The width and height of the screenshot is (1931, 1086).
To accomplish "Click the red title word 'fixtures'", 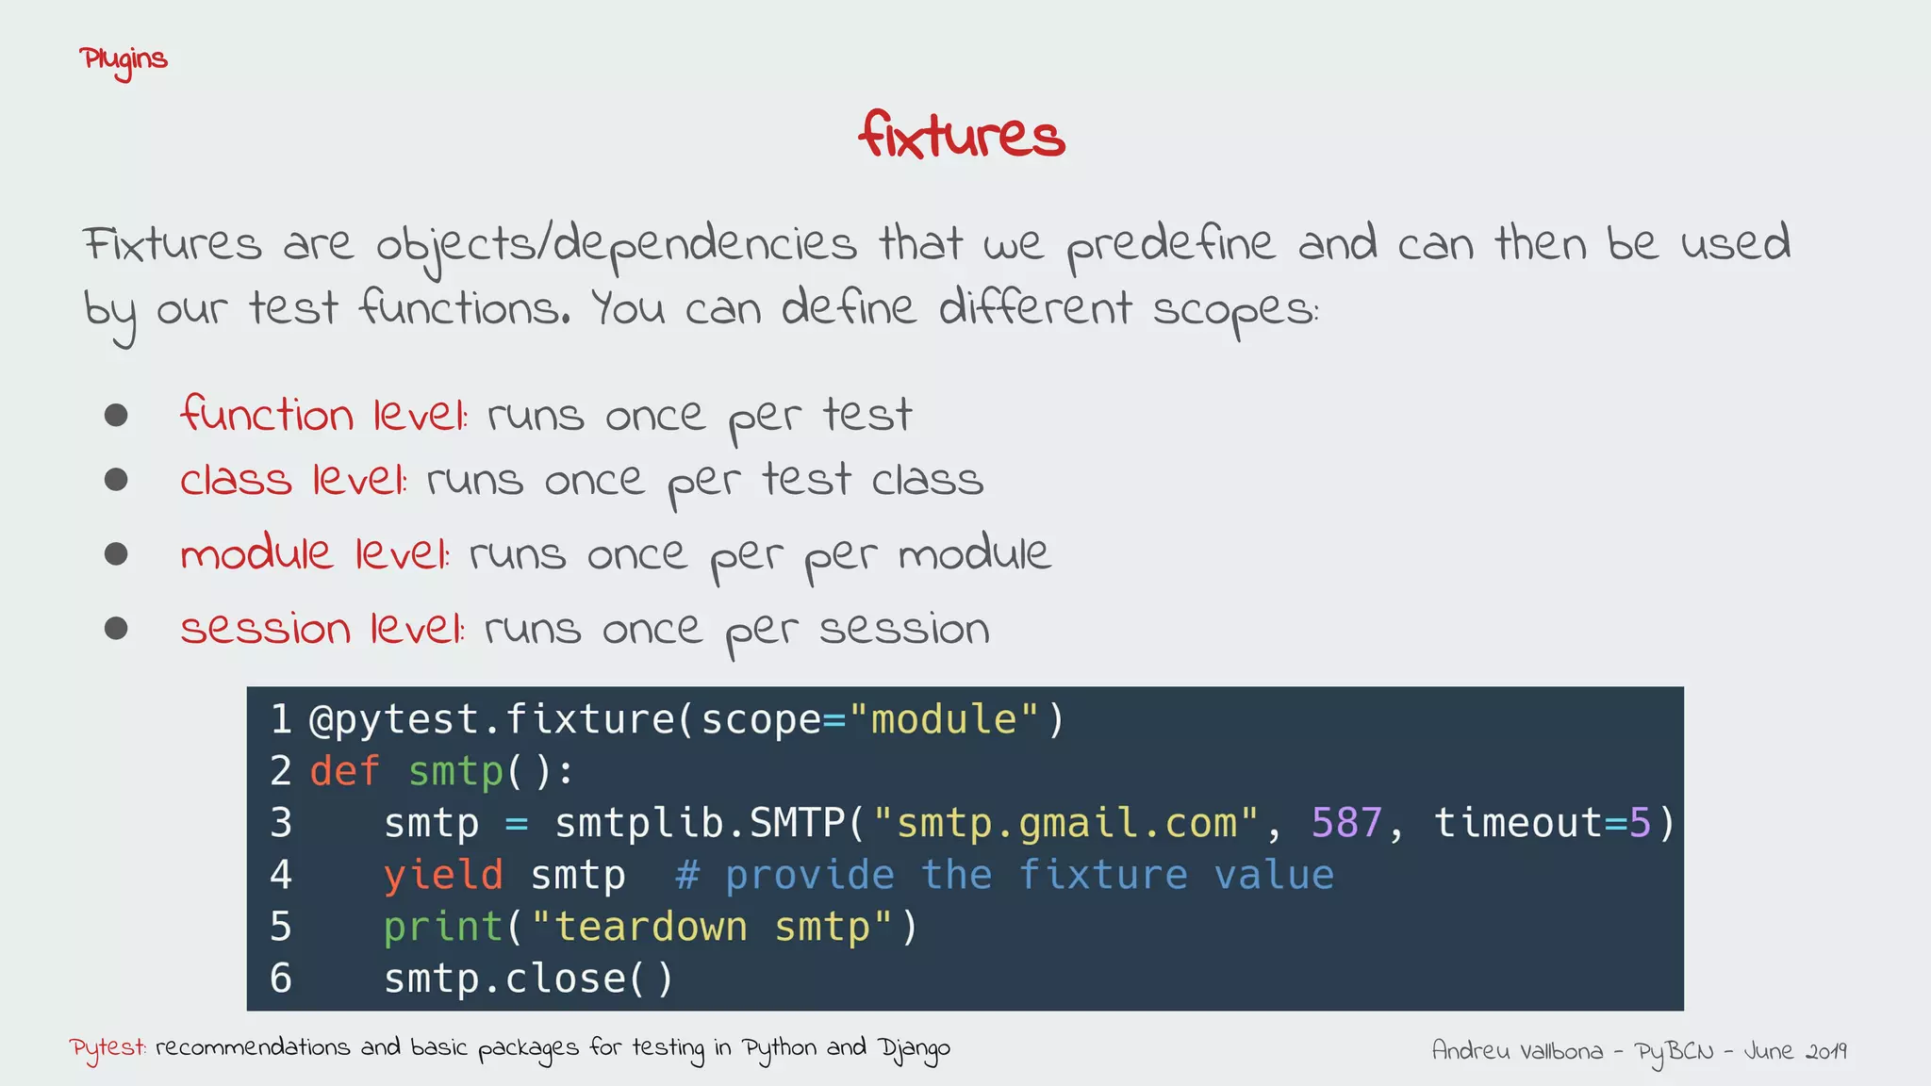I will coord(961,136).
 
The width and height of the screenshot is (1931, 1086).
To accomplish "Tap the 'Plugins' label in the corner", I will coord(124,60).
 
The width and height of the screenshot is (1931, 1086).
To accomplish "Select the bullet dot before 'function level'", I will coord(116,415).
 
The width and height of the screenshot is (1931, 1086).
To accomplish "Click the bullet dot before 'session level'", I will coord(116,628).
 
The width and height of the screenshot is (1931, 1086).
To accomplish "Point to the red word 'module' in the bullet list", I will coord(256,552).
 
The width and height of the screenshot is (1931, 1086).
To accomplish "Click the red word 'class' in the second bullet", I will coord(236,480).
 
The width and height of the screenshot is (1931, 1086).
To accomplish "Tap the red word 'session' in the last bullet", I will coord(265,629).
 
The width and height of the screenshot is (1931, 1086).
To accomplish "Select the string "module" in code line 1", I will coord(943,720).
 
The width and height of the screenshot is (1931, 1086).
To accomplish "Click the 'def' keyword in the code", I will coord(344,772).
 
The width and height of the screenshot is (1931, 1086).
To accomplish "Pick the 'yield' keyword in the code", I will coord(442,876).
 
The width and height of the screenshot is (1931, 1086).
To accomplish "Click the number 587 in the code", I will coord(1346,824).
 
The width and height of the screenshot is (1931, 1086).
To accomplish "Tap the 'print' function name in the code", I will coord(442,928).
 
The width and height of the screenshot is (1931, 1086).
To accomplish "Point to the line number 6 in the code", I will coord(281,979).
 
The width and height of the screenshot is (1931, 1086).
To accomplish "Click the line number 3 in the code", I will coord(281,824).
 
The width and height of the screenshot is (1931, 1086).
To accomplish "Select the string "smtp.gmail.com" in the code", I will coord(1065,824).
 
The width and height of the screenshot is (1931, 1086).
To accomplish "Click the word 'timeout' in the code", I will coord(1518,824).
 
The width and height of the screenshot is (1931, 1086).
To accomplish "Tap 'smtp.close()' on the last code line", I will coord(528,979).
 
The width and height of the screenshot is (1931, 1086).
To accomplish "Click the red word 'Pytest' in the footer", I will coord(107,1048).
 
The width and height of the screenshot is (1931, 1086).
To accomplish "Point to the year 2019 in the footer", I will coord(1826,1051).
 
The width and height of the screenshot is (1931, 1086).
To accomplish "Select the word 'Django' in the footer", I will coord(914,1049).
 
